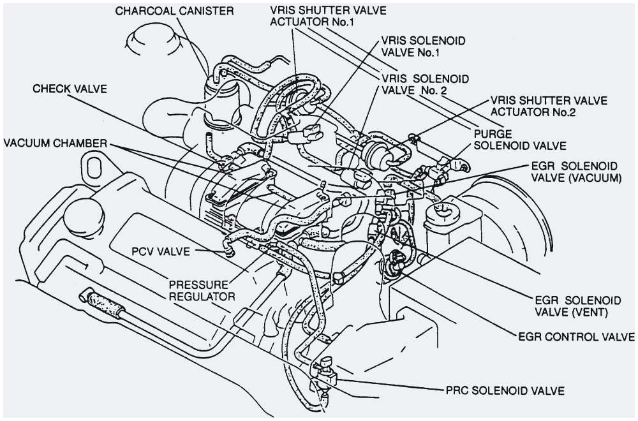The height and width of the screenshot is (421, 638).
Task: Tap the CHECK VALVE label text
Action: [x=70, y=89]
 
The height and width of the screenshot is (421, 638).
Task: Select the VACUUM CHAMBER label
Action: [x=54, y=142]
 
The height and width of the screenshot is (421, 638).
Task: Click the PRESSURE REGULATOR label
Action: [x=202, y=290]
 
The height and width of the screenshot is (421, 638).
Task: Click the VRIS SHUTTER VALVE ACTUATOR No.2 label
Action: [x=549, y=107]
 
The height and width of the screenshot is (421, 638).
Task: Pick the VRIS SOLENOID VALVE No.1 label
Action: [x=423, y=47]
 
